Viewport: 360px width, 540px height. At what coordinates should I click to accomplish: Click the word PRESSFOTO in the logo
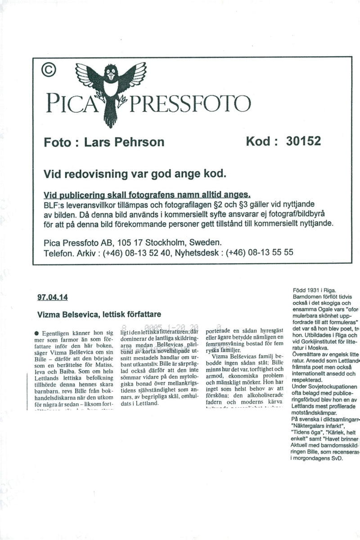click(189, 104)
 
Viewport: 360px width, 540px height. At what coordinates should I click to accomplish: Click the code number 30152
click(303, 141)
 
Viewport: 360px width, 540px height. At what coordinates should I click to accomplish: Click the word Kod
click(261, 141)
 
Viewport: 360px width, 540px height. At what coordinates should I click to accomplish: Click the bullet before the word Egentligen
click(36, 333)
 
